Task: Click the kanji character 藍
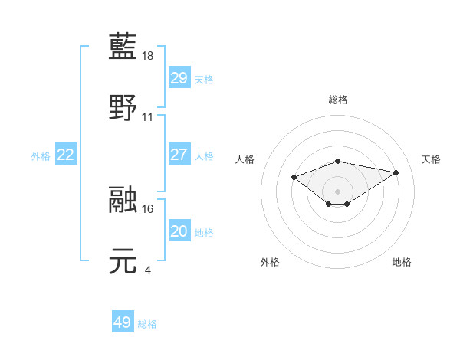(x=124, y=47)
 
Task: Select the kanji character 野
(x=124, y=107)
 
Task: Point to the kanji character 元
(x=124, y=260)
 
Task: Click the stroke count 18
(x=149, y=57)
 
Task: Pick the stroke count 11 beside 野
(x=148, y=117)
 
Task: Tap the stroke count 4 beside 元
(x=148, y=270)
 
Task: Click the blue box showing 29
(x=179, y=78)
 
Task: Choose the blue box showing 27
(x=179, y=155)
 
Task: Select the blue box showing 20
(x=179, y=231)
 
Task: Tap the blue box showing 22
(x=66, y=155)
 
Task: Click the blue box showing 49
(x=122, y=322)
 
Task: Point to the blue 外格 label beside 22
(x=41, y=156)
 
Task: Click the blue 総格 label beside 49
(x=147, y=324)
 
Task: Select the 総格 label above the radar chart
(x=338, y=100)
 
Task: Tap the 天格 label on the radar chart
(x=431, y=159)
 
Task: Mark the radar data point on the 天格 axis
(x=396, y=172)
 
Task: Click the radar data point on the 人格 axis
(x=294, y=177)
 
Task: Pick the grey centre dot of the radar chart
(x=338, y=191)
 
